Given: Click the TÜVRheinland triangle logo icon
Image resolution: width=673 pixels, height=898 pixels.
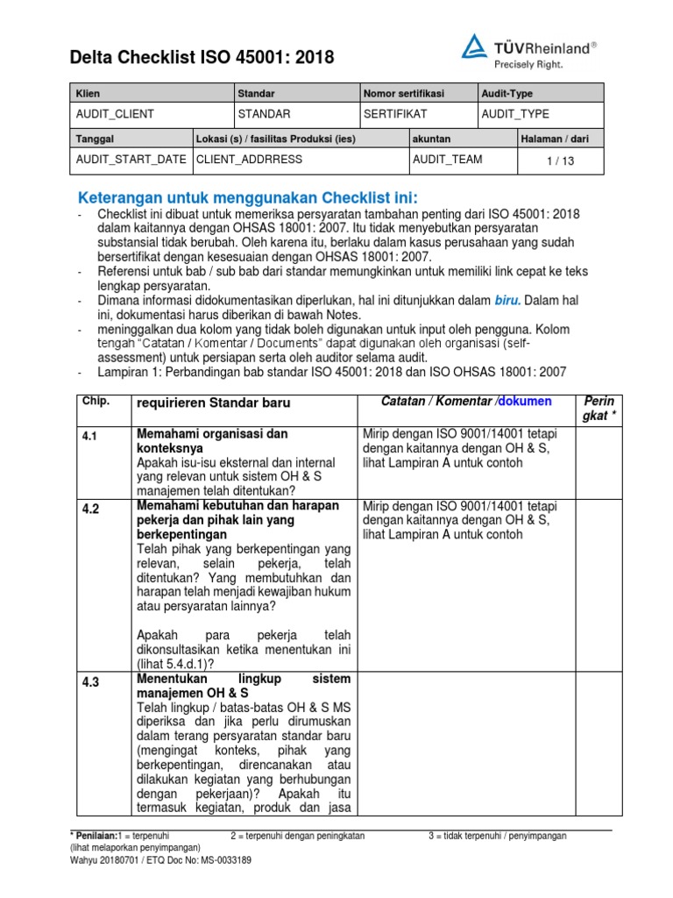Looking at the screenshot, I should click(x=475, y=48).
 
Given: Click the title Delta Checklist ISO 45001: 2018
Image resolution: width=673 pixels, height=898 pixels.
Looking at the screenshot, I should click(x=202, y=59).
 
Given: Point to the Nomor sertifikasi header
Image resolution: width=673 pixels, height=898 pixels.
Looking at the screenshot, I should click(x=404, y=93).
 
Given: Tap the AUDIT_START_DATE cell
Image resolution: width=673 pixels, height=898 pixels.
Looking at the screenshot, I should click(x=131, y=160).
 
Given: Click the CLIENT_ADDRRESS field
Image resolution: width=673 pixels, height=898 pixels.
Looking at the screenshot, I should click(x=250, y=160).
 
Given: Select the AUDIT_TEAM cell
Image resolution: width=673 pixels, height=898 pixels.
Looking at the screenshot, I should click(x=447, y=160).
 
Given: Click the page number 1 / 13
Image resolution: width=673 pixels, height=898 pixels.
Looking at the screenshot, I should click(x=561, y=160).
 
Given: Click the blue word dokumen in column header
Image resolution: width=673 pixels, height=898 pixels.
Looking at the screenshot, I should click(x=526, y=401).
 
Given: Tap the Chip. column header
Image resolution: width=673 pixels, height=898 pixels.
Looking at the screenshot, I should click(x=95, y=401).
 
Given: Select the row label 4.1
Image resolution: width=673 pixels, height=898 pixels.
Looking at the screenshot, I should click(x=89, y=435).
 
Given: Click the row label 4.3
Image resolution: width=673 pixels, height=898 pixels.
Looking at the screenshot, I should click(x=91, y=680).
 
